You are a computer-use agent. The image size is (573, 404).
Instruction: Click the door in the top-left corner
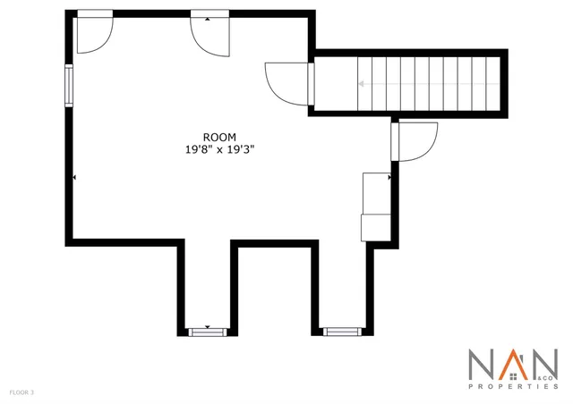[92, 34]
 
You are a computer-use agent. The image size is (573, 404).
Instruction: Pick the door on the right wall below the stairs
[413, 141]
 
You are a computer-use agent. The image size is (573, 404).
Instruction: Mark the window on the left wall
[68, 87]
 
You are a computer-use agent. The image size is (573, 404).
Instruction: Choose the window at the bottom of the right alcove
[340, 332]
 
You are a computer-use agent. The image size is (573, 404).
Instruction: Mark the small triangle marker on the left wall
[74, 178]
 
